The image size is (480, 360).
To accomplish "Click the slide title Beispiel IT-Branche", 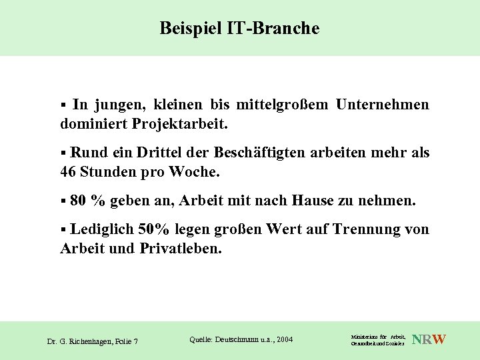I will click(240, 28).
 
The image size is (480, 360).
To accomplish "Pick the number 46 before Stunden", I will click(69, 171).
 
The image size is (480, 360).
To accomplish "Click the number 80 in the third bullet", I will click(78, 201).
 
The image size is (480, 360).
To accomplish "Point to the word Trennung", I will click(361, 230).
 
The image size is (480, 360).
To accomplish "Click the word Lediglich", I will click(101, 230).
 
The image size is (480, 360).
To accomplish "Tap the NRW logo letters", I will click(430, 340).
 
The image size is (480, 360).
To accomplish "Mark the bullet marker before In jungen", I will click(63, 105).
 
